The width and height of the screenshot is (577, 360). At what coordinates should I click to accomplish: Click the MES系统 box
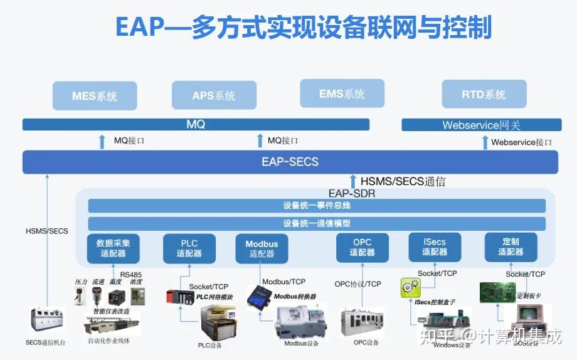pos(95,96)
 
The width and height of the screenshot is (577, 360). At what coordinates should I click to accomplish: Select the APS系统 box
pos(214,95)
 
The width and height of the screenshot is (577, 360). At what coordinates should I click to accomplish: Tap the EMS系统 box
pos(342,94)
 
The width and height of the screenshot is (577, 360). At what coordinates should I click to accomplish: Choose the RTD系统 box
pos(484,95)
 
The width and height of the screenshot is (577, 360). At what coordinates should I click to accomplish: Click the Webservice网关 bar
pos(480,125)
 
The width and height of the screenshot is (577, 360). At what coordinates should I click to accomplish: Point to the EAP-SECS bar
pos(290,162)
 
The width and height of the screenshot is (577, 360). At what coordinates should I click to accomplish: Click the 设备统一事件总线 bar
pos(317,206)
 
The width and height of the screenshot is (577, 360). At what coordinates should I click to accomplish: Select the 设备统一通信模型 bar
pos(317,223)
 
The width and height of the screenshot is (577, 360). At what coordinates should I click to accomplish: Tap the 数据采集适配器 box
pos(114,248)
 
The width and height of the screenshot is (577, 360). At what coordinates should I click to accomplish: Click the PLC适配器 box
pos(189,248)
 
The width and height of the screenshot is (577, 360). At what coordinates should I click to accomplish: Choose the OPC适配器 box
pos(362,248)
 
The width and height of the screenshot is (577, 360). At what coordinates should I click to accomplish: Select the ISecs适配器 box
pos(435,247)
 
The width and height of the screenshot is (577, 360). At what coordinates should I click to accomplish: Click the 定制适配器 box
pos(511,247)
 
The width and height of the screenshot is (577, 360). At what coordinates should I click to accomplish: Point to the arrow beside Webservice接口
pos(485,142)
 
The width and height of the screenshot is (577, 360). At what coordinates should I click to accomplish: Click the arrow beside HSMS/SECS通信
pos(353,182)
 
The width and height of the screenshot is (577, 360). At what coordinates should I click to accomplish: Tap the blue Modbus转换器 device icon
pos(257,296)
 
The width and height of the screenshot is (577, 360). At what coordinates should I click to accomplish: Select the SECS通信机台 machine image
pos(46,320)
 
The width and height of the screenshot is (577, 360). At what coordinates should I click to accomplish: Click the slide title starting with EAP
pos(303,28)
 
